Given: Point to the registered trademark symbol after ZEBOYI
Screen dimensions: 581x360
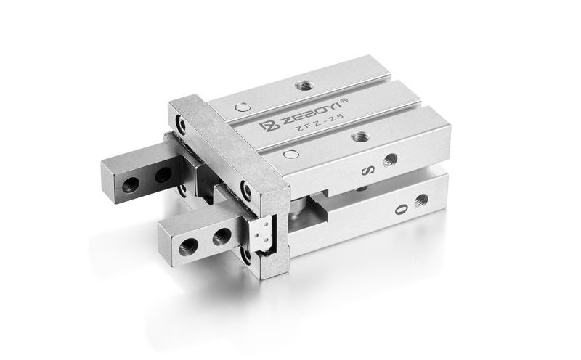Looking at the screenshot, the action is [344, 100].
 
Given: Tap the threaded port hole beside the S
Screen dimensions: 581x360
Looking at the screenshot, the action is [390, 160].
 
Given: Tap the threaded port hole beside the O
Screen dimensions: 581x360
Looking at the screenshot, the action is [421, 200].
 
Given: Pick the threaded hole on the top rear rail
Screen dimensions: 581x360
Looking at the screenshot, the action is [304, 86].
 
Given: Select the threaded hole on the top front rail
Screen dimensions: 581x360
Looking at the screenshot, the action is [359, 136].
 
